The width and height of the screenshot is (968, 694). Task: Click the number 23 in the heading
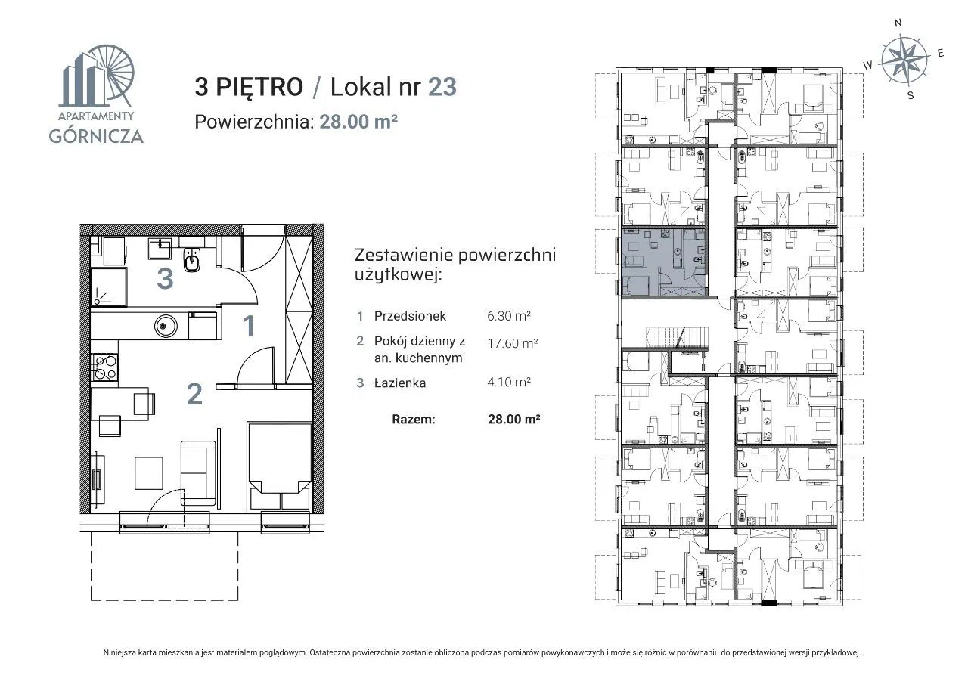(442, 87)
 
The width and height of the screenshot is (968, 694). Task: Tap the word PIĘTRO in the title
(259, 86)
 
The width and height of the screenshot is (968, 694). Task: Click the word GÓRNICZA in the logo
(96, 136)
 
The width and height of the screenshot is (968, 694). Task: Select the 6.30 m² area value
(509, 316)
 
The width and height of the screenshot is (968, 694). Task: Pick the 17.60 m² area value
(513, 343)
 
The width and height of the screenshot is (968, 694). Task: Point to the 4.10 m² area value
(509, 382)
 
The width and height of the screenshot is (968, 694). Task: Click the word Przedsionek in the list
(410, 316)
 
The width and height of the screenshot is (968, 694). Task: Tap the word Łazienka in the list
(400, 383)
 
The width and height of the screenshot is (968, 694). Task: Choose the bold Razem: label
(413, 419)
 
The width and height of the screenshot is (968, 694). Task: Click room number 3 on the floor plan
(165, 279)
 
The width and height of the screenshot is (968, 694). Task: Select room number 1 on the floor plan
(249, 326)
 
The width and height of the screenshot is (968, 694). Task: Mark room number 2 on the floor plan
(194, 394)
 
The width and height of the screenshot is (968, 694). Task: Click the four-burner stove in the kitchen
(104, 367)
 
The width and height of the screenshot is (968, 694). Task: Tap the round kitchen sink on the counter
(166, 326)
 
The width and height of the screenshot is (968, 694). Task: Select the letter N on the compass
(898, 23)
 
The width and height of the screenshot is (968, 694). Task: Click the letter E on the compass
(940, 53)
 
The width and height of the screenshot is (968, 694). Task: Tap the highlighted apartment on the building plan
(664, 262)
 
